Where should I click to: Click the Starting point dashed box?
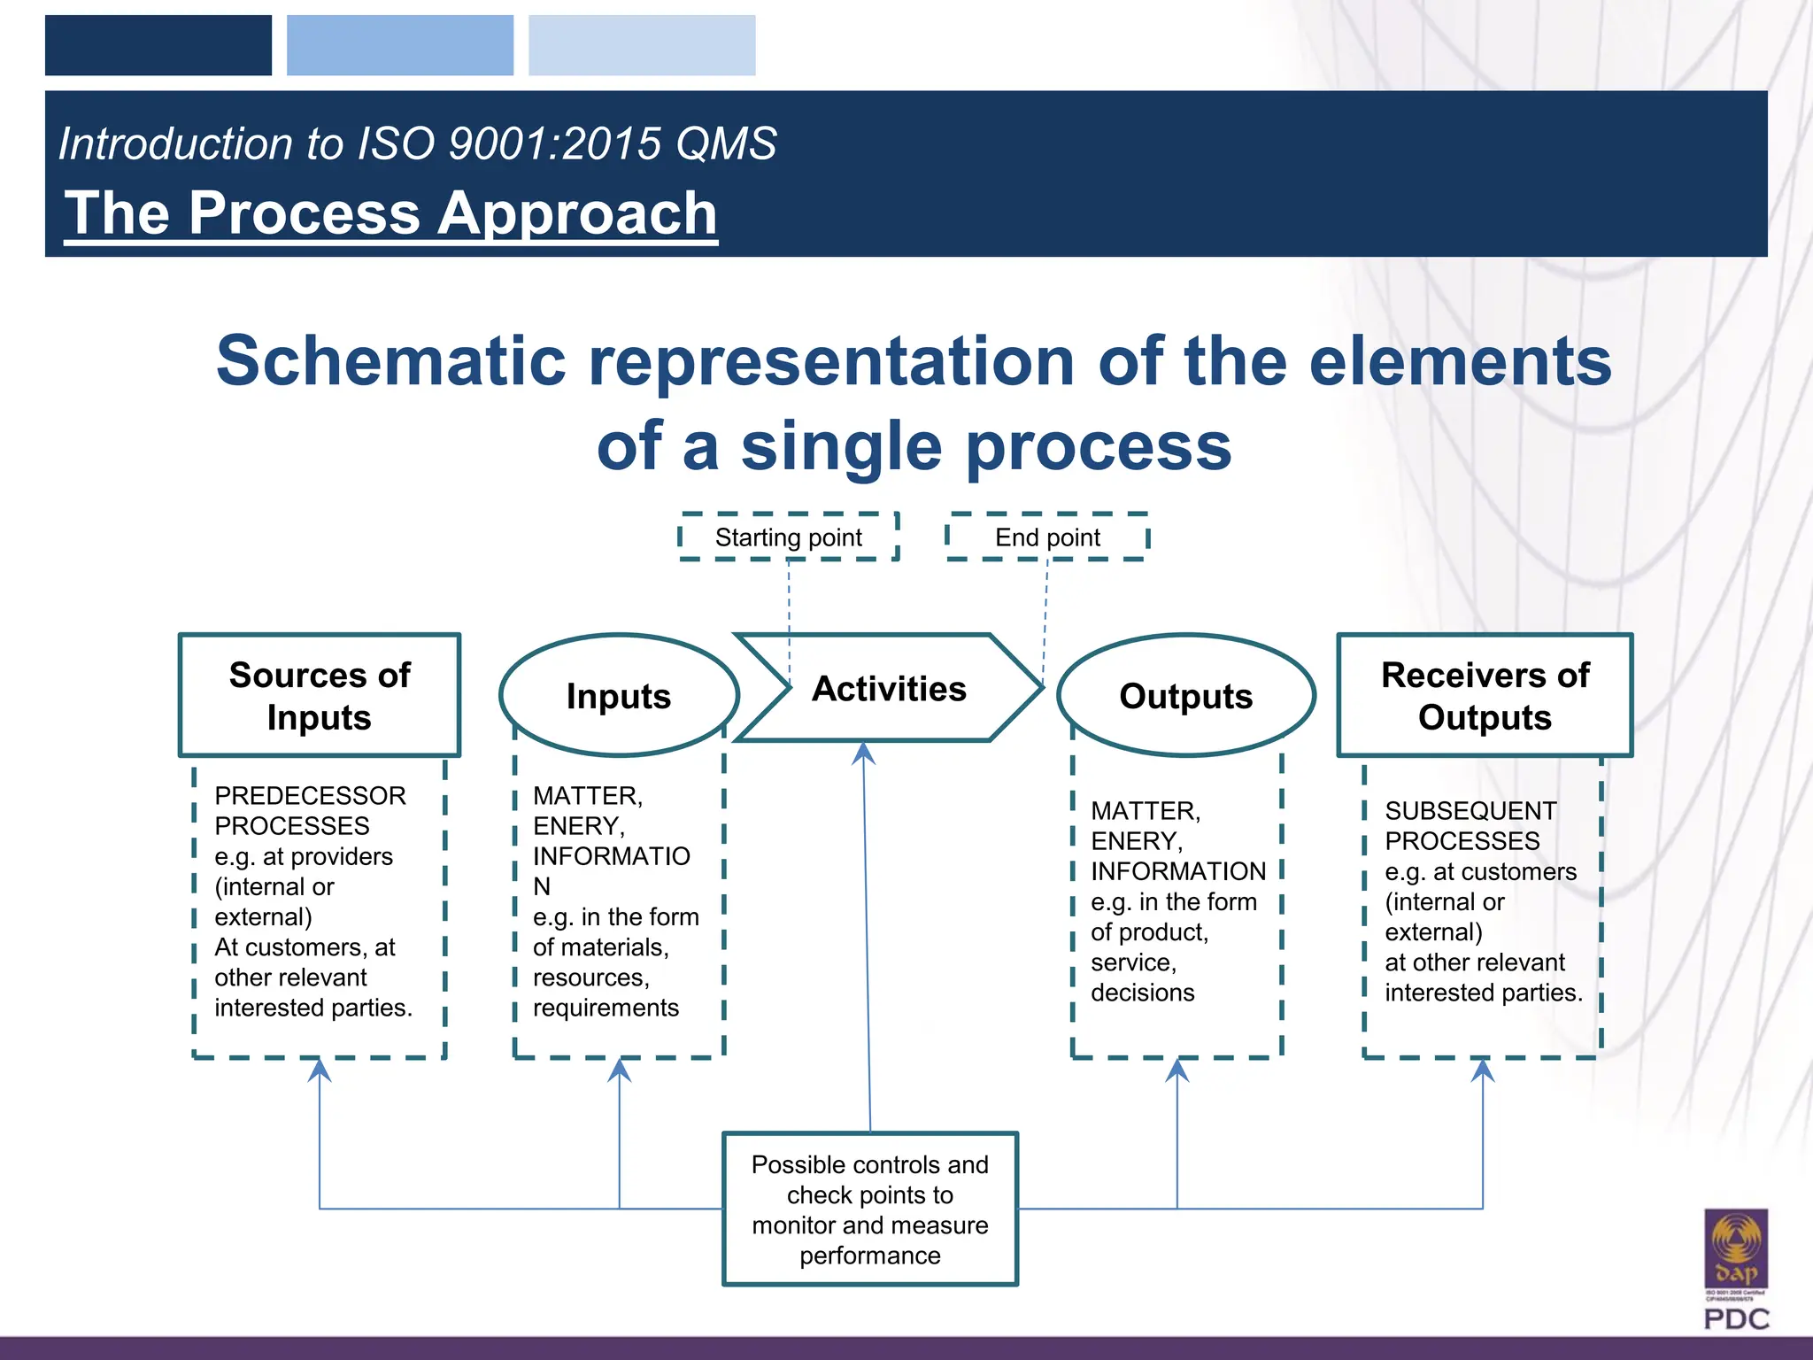point(788,537)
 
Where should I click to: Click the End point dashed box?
point(1047,537)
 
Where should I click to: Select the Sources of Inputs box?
point(320,695)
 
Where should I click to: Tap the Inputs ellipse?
point(619,696)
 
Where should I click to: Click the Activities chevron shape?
point(889,688)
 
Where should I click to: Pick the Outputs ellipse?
point(1185,696)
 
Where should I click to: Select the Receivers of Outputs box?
point(1485,695)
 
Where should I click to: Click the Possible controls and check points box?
point(870,1209)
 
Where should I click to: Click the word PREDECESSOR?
point(310,795)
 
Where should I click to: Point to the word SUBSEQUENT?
point(1470,810)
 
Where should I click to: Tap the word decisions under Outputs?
point(1142,993)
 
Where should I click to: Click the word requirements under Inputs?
point(606,1008)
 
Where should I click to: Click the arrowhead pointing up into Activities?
point(863,753)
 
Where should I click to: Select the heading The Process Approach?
point(390,213)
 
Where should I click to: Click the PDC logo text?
point(1736,1319)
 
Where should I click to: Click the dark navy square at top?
point(158,45)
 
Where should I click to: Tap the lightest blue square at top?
point(642,45)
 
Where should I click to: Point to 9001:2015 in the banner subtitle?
point(554,143)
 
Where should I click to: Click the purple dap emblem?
point(1736,1248)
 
